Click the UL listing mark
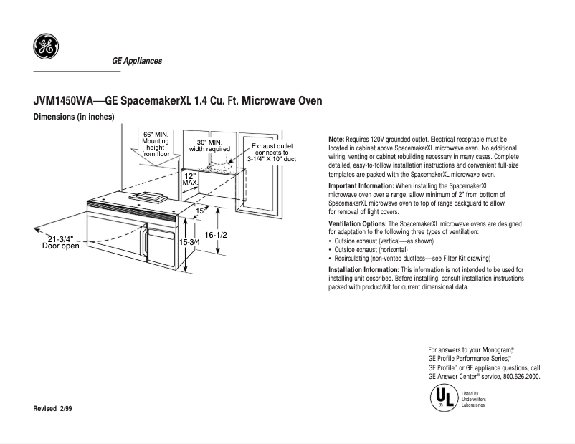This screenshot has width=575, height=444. (443, 398)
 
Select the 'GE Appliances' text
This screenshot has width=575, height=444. (137, 61)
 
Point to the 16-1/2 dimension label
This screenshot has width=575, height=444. (216, 235)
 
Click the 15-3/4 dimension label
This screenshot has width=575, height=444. (189, 242)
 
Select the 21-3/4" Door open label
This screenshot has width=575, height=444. (61, 242)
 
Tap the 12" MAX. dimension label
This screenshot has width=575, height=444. (190, 179)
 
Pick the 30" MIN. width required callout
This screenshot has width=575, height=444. (209, 146)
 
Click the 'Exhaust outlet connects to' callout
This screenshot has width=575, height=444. (271, 152)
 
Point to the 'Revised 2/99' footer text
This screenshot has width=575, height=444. (53, 407)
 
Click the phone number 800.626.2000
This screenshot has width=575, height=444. (521, 376)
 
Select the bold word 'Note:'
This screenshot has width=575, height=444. (336, 139)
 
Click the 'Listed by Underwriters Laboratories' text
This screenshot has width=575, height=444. (474, 399)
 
